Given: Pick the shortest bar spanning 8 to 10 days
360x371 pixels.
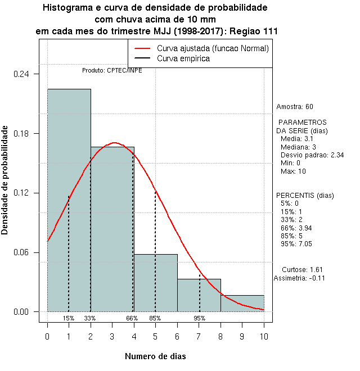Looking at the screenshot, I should click(242, 303).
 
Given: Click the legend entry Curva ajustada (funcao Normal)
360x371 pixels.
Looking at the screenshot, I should click(213, 48).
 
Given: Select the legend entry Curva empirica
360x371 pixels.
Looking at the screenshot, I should click(183, 58).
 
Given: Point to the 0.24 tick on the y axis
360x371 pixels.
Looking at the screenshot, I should click(26, 74).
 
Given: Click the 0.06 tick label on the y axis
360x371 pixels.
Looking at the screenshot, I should click(26, 252).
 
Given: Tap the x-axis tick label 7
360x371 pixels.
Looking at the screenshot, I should click(199, 336).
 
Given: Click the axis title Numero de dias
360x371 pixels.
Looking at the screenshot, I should click(155, 356).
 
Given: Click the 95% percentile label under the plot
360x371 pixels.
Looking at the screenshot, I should click(199, 318).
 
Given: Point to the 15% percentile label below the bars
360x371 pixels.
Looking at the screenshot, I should click(68, 318).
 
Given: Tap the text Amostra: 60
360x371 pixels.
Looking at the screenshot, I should click(295, 106).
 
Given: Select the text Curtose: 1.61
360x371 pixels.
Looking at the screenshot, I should click(302, 269).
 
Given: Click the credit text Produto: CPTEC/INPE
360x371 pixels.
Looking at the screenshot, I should click(112, 71).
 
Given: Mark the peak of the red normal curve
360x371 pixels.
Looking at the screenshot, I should click(114, 143).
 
